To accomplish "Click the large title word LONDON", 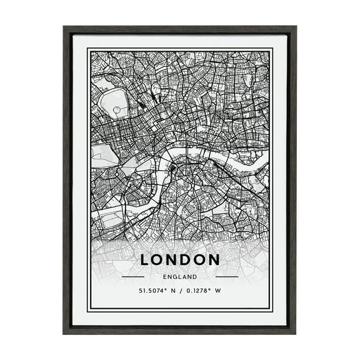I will (x=180, y=259).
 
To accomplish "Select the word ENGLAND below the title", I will (x=180, y=276).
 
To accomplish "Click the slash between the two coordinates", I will (x=180, y=291).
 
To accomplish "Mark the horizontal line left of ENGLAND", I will (x=133, y=276).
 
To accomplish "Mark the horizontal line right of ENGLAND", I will (x=226, y=276).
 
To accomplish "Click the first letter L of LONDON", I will (x=145, y=259).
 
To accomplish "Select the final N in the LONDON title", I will (x=214, y=259).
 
